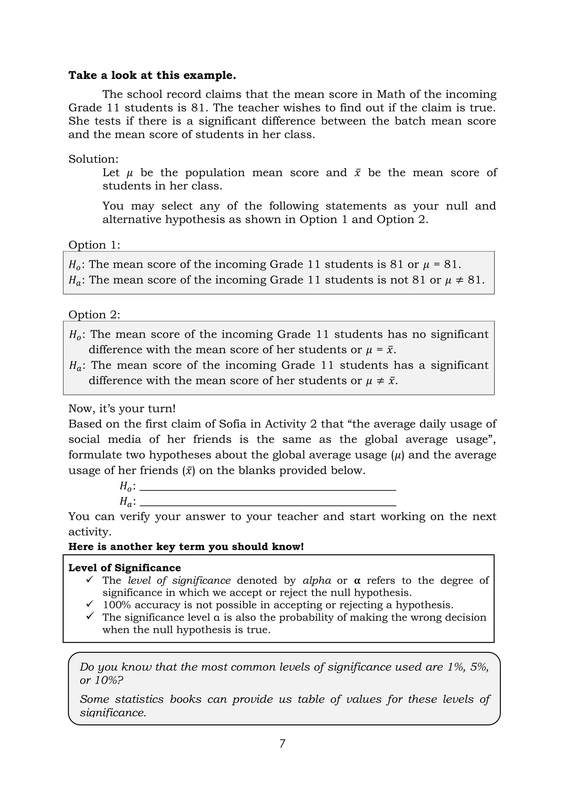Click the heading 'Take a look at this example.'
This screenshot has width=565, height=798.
pos(152,76)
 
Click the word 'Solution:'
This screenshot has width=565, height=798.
pos(93,159)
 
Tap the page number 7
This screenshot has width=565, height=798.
pos(282,743)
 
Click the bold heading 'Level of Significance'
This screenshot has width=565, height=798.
pos(124,568)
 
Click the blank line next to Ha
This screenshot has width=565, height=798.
pos(268,503)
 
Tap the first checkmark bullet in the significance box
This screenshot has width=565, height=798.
pos(90,579)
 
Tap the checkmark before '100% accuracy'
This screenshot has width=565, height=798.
pos(90,604)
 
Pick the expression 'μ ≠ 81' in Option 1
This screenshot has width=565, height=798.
pos(465,280)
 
